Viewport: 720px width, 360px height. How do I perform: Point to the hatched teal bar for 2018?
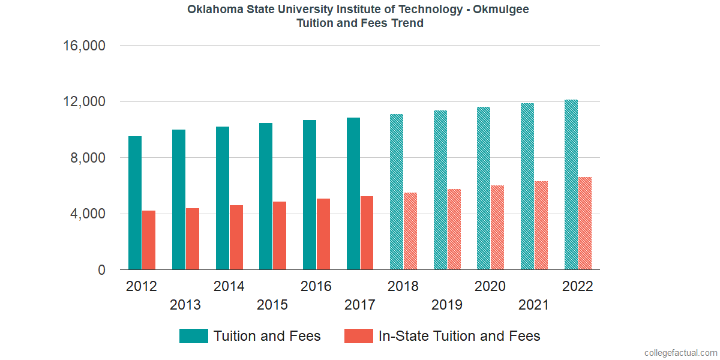click(397, 192)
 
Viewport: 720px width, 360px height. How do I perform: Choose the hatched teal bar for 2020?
click(484, 188)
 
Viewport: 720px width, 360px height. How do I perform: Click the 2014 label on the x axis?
click(229, 286)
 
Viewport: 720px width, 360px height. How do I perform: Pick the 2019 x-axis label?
click(447, 305)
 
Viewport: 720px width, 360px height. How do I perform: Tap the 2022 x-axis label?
click(577, 286)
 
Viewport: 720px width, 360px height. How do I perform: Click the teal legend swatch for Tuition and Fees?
click(194, 336)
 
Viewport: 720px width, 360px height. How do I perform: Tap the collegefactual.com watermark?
click(680, 353)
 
